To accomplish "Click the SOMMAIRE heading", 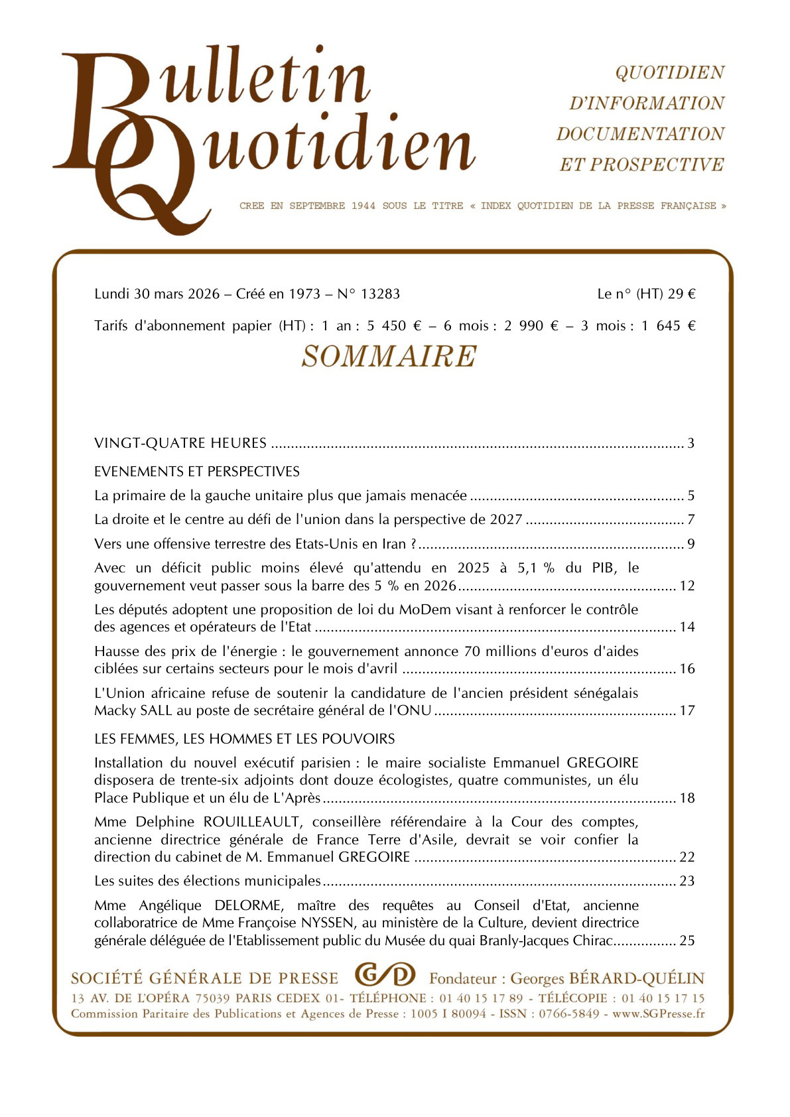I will coord(389,356).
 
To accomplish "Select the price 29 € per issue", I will coord(681,294).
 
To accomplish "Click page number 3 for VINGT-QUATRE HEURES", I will coord(691,443).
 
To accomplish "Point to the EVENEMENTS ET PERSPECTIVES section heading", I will coord(197,472).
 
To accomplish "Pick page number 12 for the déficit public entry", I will coord(687,586).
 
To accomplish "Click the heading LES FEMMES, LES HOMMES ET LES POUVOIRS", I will coord(244,739).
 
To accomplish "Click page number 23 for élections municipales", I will coord(687,881).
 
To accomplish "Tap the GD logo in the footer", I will coord(385,975).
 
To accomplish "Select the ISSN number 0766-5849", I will coord(568,1014).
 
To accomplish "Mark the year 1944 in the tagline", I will coord(363,206).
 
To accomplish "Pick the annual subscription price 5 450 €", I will coord(395,326).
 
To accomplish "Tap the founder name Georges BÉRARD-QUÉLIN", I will coord(607,978).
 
